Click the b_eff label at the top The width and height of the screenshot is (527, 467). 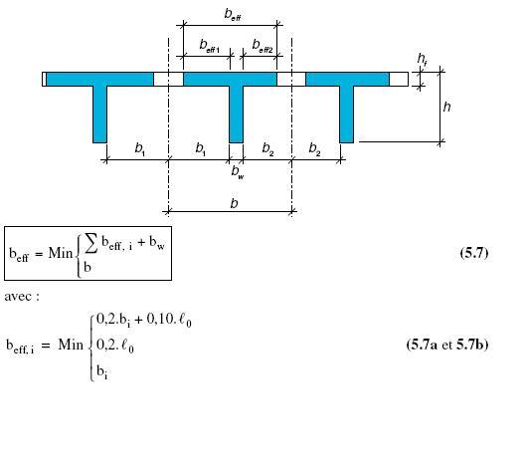pos(233,15)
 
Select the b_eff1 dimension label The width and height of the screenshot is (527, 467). pos(210,46)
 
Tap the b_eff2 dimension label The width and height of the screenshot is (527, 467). pos(263,46)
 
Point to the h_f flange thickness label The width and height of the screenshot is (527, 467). pos(423,59)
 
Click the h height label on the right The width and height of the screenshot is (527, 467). pos(446,107)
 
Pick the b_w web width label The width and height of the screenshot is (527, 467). pos(238,172)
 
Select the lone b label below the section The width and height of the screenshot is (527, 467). pos(235,203)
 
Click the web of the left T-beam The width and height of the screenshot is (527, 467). pos(99,115)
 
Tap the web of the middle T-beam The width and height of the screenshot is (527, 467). pos(236,115)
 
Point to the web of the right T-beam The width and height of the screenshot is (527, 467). pos(346,115)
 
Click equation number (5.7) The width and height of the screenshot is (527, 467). pos(474,252)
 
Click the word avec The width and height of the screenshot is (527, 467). pos(19,297)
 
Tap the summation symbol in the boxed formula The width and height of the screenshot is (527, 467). pos(91,243)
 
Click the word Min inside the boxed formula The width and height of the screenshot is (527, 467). pos(61,253)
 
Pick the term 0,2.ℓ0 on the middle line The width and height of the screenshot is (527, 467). pos(115,346)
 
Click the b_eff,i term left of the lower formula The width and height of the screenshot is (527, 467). pos(20,347)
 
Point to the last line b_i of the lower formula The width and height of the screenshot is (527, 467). pos(101,371)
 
